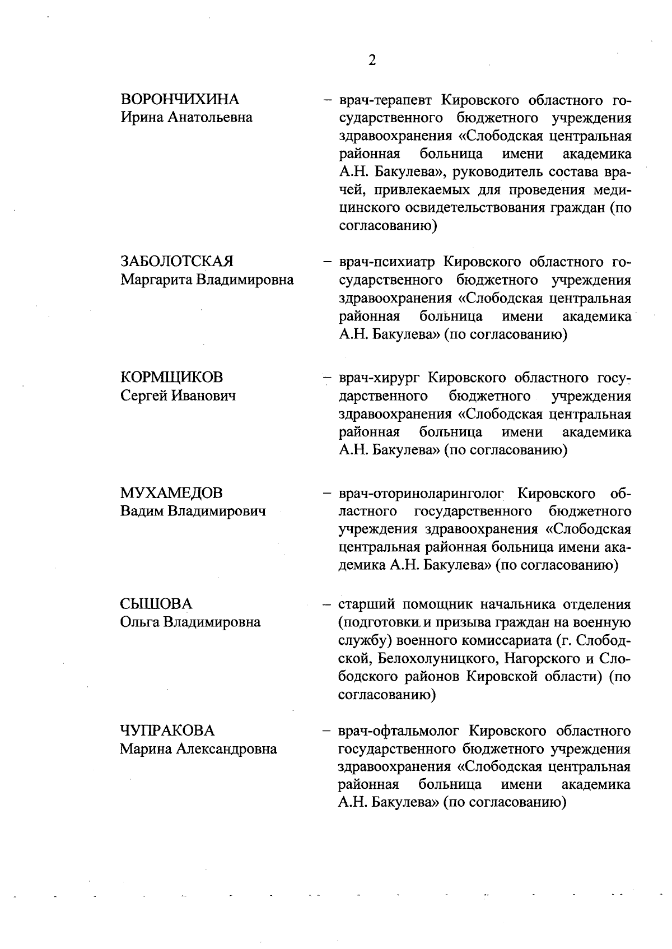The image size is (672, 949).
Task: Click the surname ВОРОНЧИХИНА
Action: (180, 99)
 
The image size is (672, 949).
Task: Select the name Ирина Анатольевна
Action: (186, 118)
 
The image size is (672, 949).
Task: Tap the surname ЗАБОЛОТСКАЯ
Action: (177, 262)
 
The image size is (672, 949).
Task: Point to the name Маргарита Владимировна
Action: (207, 280)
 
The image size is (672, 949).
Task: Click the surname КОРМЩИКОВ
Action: (171, 377)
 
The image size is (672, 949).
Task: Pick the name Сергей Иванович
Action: (178, 396)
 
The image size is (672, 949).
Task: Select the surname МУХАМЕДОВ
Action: (171, 493)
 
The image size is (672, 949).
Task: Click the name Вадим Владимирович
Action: (193, 511)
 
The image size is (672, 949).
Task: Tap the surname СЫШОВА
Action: (156, 604)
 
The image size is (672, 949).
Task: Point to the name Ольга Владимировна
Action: (190, 622)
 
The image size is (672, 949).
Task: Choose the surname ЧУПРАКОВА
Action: (167, 731)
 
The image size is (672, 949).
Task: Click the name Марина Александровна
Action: (198, 749)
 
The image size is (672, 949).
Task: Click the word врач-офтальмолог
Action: (399, 731)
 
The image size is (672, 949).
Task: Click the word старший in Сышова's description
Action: (367, 604)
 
